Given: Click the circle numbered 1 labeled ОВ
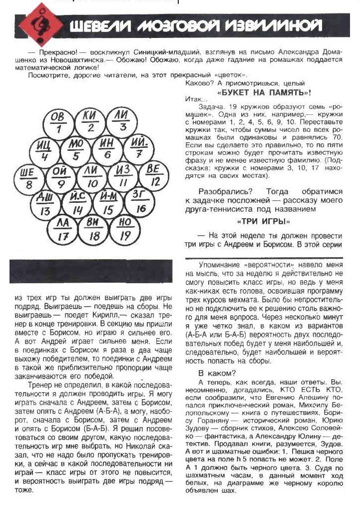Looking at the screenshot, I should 58,123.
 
